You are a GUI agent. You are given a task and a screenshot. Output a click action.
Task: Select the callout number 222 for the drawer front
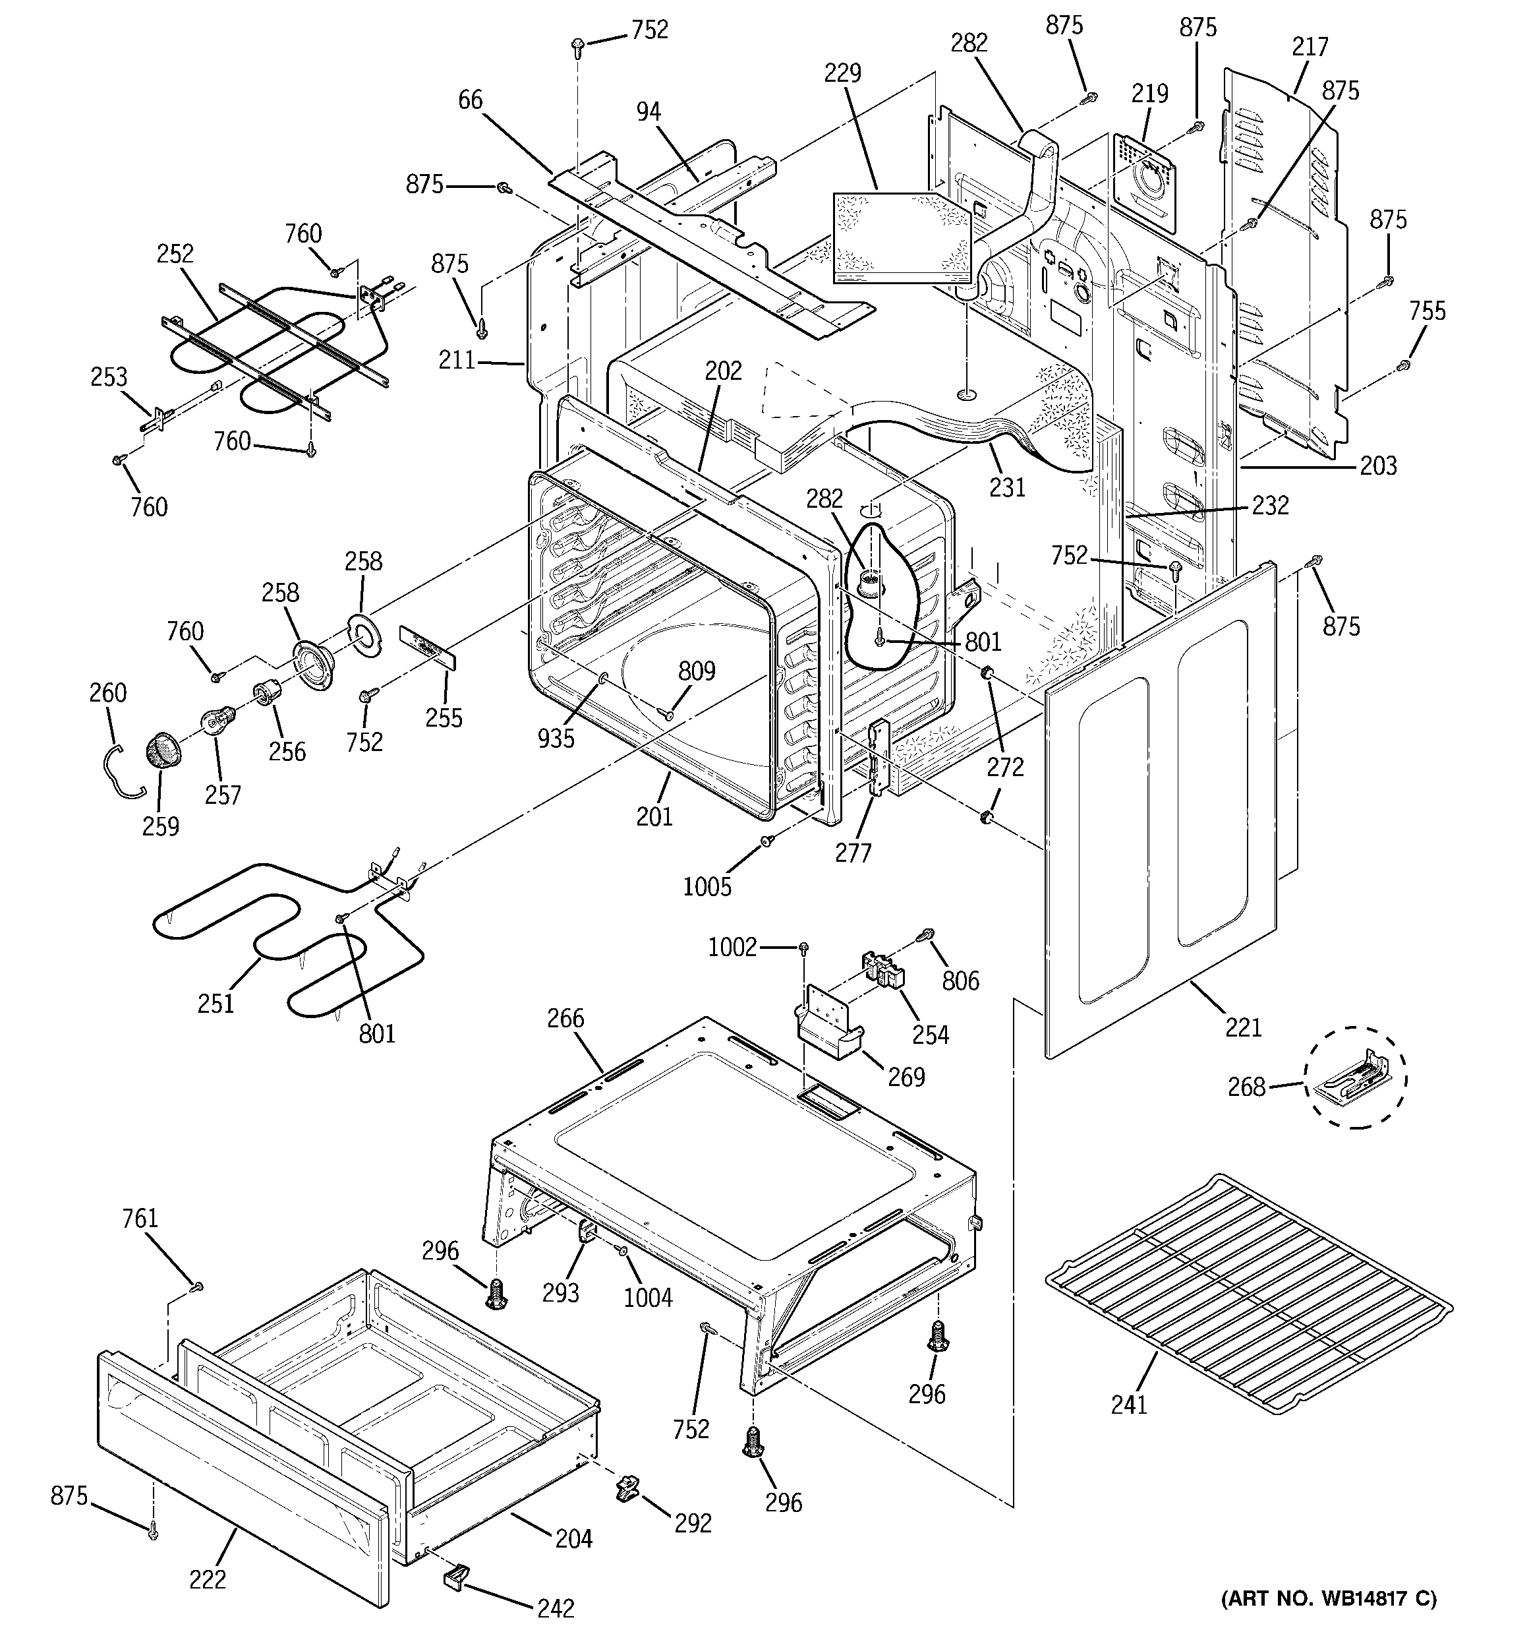[207, 1579]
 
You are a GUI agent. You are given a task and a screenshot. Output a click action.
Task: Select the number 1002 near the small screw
[732, 948]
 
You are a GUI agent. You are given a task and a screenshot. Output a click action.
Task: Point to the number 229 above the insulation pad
[843, 73]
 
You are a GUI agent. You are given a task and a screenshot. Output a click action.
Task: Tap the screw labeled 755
[1404, 365]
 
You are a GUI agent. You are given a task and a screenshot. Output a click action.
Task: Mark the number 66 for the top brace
[471, 100]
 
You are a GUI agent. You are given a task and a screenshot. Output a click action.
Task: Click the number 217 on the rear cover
[1310, 47]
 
